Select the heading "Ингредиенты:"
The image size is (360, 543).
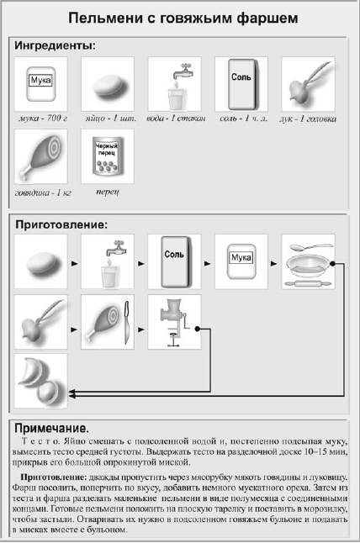[x=55, y=45]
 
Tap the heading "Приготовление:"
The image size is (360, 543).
[x=61, y=224]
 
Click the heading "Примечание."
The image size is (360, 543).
[x=51, y=429]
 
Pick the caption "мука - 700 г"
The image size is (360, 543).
[x=43, y=118]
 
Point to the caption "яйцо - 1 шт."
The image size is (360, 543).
[x=111, y=118]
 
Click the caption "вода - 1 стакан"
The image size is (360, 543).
[x=176, y=118]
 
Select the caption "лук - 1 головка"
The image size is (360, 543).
[x=308, y=119]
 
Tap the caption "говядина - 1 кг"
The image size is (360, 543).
[x=43, y=192]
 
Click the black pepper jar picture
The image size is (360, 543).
[x=108, y=156]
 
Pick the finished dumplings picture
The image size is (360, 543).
[x=40, y=381]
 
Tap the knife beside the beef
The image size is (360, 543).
[x=127, y=323]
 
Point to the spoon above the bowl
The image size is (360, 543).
[x=310, y=247]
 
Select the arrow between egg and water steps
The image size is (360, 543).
[x=75, y=264]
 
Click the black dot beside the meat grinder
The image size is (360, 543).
[x=197, y=329]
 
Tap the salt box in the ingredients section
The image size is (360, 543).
[x=243, y=84]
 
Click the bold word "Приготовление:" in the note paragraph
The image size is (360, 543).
[x=53, y=477]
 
